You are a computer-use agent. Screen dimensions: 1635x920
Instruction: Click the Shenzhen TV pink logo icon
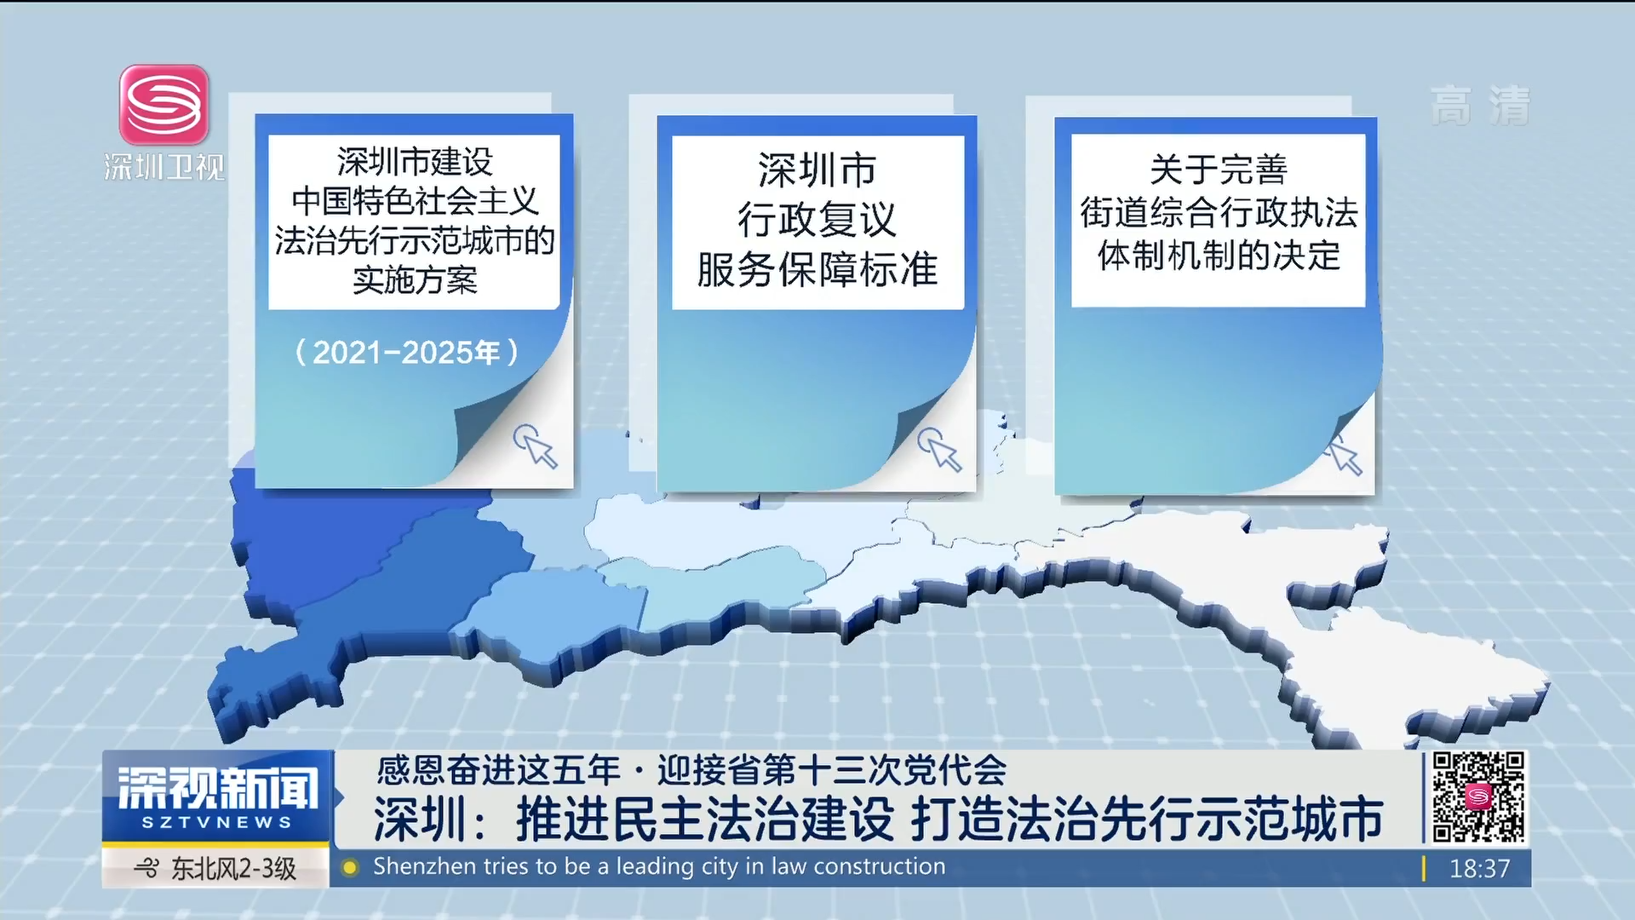164,105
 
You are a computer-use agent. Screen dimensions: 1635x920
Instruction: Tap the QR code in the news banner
1478,797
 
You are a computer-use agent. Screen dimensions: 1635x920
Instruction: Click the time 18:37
1479,869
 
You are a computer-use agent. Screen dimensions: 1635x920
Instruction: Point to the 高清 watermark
1480,106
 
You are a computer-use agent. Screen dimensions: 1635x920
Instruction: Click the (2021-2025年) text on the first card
406,352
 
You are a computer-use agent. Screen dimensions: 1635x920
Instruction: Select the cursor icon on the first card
535,446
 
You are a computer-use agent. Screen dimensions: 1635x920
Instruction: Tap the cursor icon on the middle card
939,449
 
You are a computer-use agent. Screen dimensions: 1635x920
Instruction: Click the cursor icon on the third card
1344,454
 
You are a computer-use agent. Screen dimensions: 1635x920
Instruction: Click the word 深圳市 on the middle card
817,170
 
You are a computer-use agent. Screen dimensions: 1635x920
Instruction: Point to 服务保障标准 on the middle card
817,270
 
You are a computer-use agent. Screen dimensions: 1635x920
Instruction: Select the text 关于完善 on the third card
1218,170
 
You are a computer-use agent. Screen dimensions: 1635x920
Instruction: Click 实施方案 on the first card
415,279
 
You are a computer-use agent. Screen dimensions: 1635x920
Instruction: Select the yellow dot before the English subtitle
349,868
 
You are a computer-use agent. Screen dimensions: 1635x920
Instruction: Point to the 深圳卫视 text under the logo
164,167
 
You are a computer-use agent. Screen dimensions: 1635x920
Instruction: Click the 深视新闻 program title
217,787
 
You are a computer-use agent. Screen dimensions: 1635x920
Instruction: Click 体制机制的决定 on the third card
1219,256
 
